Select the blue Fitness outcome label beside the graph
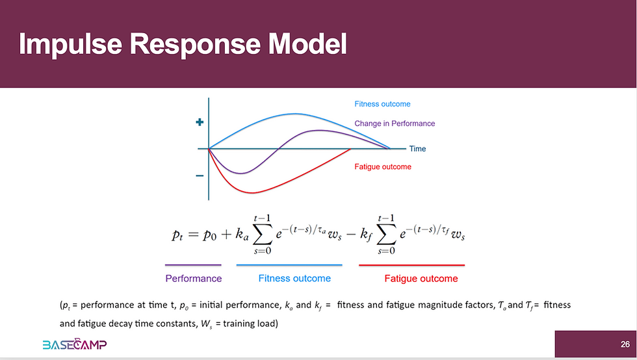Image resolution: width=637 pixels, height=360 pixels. [382, 104]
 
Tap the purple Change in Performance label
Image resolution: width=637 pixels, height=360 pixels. [395, 123]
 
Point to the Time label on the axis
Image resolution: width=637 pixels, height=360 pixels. [417, 149]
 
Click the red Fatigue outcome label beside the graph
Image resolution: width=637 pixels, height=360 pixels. [383, 167]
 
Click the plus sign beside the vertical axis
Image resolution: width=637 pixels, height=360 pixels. [200, 123]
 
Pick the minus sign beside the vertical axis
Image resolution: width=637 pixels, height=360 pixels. [200, 175]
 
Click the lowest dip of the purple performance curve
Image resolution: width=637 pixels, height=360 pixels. [240, 174]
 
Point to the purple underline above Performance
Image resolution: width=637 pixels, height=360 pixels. [193, 265]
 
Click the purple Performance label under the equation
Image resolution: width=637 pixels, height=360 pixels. [193, 279]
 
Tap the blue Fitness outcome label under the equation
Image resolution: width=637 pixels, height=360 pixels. [294, 279]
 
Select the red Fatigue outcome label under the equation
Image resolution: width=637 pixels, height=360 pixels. [421, 279]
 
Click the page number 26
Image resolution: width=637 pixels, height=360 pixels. [625, 344]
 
